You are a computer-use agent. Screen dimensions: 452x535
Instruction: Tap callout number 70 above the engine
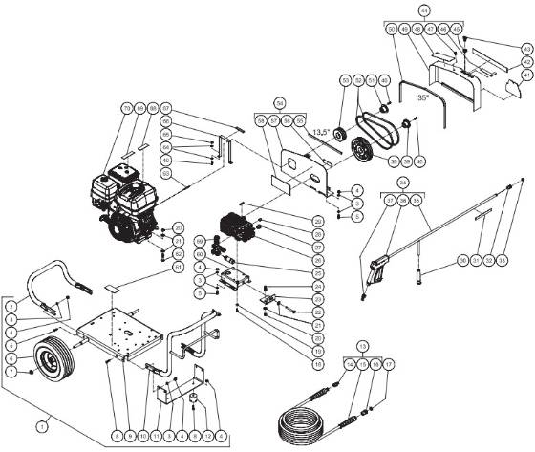(125, 108)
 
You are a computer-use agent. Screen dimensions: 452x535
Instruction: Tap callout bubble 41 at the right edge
(525, 74)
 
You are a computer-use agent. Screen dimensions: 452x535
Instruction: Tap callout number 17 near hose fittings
(389, 363)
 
